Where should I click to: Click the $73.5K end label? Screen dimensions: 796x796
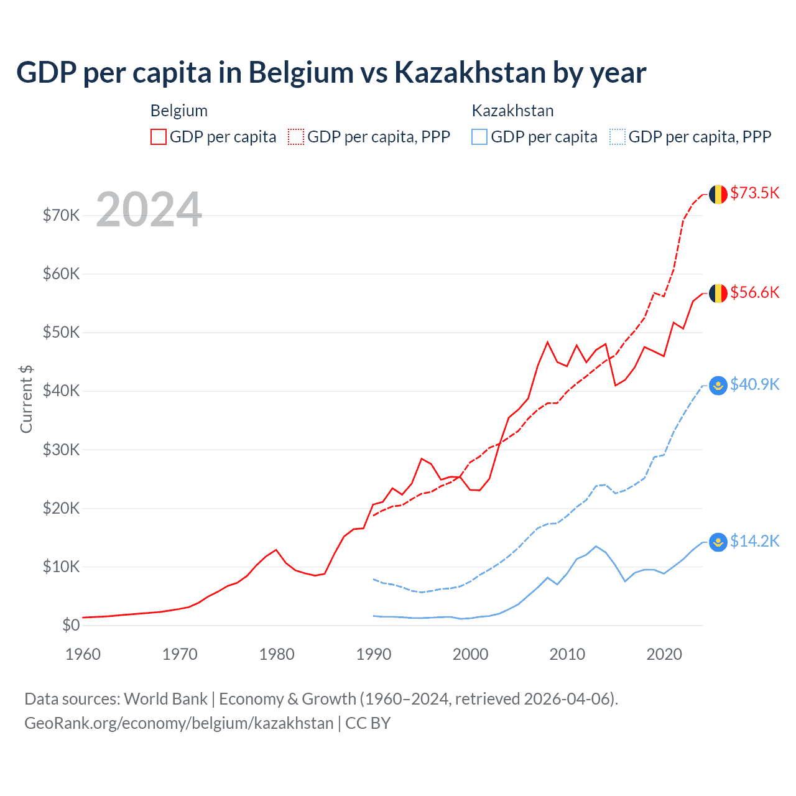(754, 193)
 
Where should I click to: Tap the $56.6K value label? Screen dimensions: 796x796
(754, 292)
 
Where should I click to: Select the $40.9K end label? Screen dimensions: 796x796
(754, 384)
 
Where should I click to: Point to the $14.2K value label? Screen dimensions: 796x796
(754, 541)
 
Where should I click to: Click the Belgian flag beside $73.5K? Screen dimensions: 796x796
(718, 194)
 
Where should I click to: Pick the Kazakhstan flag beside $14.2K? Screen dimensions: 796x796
(718, 542)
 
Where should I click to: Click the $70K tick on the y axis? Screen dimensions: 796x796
(61, 215)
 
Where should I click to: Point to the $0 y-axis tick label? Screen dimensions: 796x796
(71, 625)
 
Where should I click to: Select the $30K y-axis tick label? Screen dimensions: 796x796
(61, 450)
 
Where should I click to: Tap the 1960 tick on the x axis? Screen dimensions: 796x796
(83, 654)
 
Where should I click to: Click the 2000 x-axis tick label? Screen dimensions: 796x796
(470, 654)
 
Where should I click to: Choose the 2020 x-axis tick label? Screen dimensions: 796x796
(664, 654)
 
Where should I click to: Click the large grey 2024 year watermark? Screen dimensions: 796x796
(149, 210)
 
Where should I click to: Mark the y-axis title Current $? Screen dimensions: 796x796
(26, 399)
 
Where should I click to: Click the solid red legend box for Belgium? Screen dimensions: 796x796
(159, 137)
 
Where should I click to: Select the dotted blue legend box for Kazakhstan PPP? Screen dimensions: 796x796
(618, 137)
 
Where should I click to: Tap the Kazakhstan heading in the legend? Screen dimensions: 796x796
(512, 111)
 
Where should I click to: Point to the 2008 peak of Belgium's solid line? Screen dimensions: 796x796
(547, 342)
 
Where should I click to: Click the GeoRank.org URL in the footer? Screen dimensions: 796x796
(178, 723)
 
